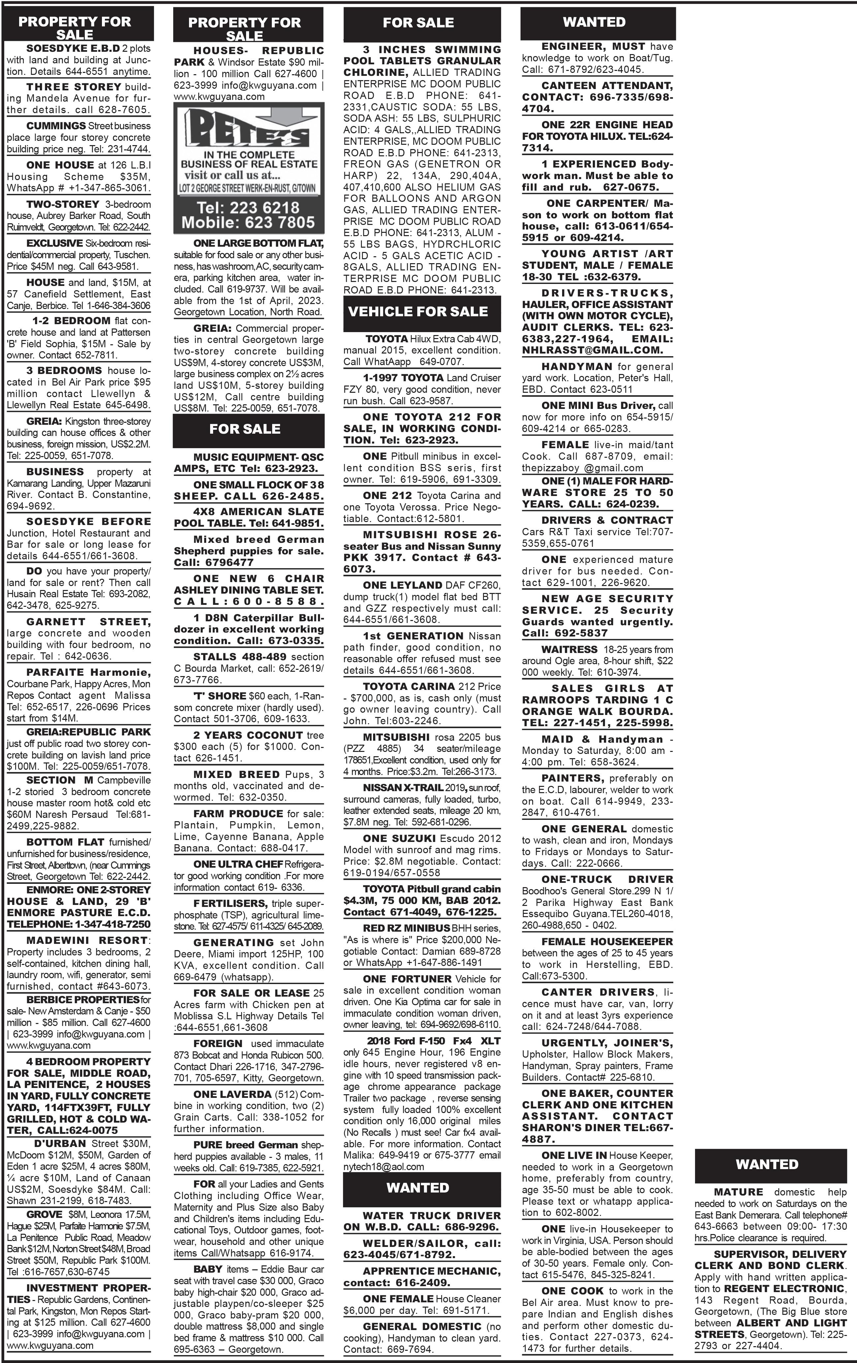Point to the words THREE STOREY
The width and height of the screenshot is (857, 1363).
[x=74, y=87]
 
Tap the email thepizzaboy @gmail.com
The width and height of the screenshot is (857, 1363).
[x=583, y=468]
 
